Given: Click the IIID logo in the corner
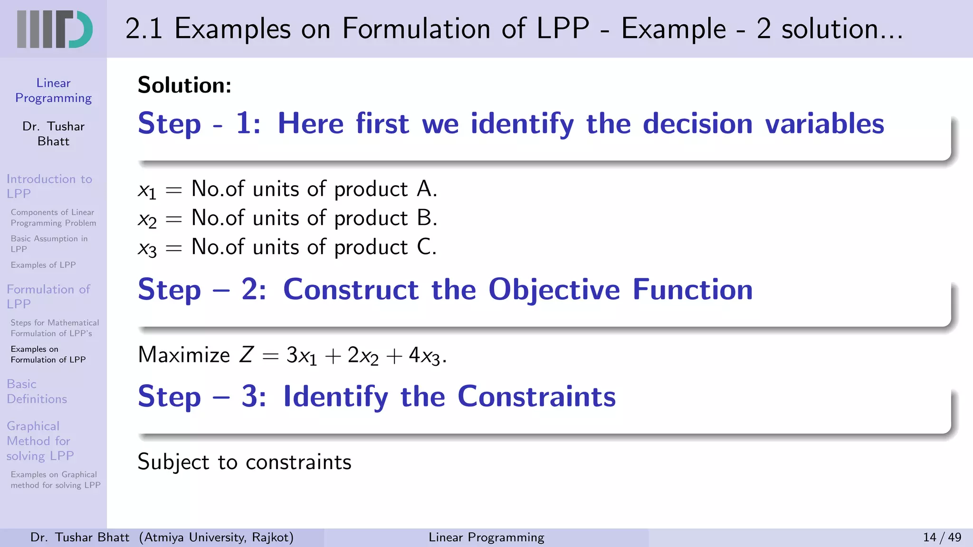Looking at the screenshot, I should click(54, 29).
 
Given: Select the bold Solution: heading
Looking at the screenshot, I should click(184, 85).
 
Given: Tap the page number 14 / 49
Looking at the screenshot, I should click(942, 537).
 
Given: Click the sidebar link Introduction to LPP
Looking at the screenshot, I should click(49, 186).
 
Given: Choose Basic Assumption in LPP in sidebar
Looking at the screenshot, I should click(49, 244).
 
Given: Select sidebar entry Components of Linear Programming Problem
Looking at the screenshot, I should click(53, 217).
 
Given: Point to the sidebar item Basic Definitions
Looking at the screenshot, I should click(37, 391).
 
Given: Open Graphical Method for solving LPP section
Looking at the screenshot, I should click(40, 441).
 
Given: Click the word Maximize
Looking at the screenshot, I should click(184, 355).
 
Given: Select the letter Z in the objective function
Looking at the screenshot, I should click(246, 355).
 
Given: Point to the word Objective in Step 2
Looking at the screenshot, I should click(554, 290).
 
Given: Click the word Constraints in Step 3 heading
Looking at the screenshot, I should click(536, 396).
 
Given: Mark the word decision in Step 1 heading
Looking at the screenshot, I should click(697, 124).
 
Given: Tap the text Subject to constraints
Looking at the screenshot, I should click(244, 462).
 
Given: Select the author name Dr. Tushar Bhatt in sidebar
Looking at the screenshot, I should click(53, 134).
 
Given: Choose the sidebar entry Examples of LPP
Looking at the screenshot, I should click(43, 265).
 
